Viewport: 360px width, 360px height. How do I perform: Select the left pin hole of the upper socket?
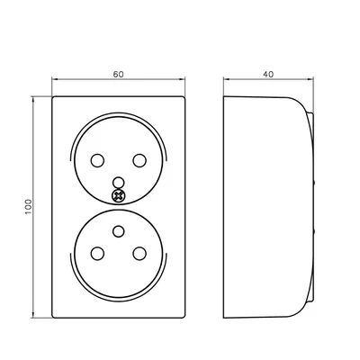pyautogui.click(x=95, y=159)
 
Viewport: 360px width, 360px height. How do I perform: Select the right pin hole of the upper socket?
pyautogui.click(x=139, y=159)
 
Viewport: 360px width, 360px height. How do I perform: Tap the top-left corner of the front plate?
pyautogui.click(x=54, y=95)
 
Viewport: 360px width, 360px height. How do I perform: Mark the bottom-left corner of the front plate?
pyautogui.click(x=54, y=318)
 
